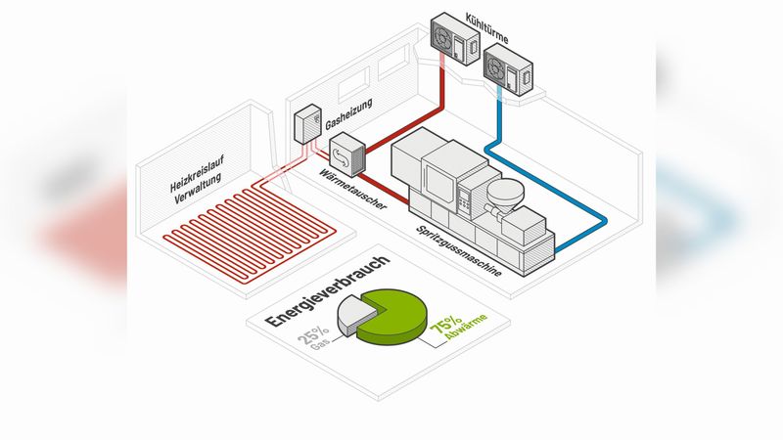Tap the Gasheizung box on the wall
[x=308, y=123]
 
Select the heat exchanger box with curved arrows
[x=346, y=154]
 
